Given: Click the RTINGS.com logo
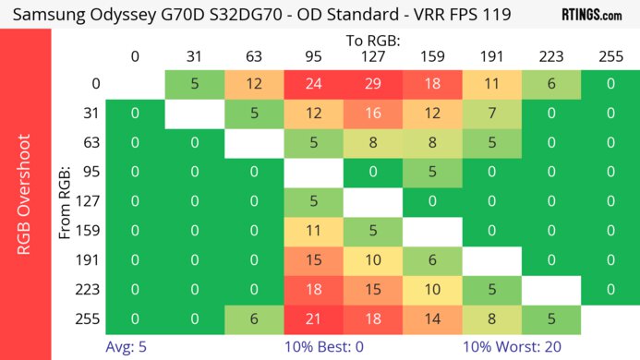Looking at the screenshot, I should tap(591, 15).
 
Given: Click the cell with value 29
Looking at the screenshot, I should tap(372, 84).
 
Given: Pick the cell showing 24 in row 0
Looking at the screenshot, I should tap(313, 84).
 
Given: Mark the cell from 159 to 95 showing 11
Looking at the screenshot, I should tap(313, 230).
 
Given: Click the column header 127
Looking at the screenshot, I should tap(372, 56).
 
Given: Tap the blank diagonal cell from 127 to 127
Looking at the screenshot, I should tap(372, 200).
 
